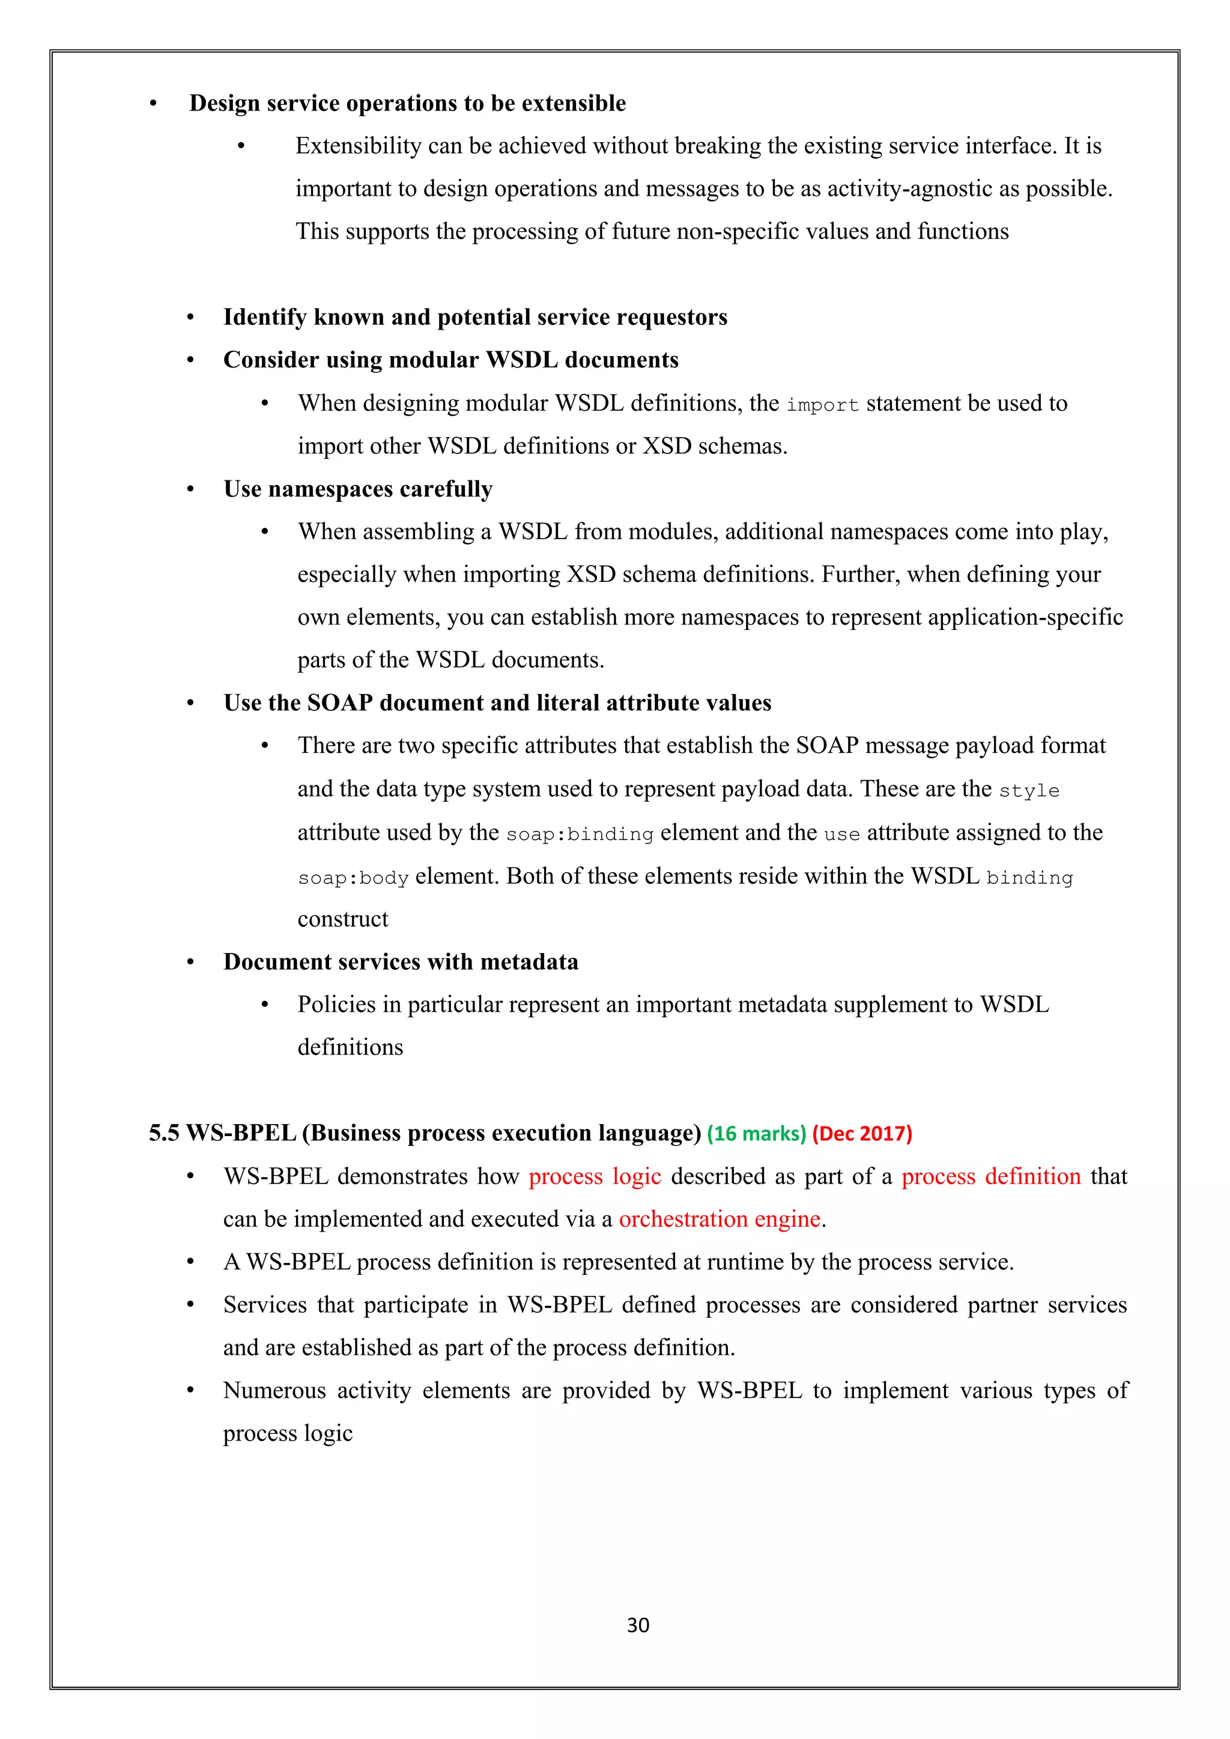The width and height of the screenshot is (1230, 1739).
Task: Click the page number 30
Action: point(638,1626)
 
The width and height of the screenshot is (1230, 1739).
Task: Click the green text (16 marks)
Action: point(756,1134)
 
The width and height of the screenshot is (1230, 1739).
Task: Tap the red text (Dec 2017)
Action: point(862,1134)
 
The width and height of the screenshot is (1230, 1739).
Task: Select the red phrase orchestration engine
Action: point(720,1220)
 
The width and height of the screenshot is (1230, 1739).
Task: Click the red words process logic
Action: point(595,1176)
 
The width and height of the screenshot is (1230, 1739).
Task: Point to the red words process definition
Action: point(990,1176)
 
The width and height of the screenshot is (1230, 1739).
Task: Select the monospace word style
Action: point(1029,791)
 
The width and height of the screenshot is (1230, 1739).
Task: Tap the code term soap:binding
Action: point(580,834)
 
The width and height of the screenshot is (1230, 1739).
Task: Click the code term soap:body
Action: point(353,878)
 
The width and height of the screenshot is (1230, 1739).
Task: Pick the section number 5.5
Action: point(163,1133)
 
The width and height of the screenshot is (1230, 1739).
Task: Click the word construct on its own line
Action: point(342,919)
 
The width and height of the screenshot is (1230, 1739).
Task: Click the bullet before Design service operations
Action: point(153,104)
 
